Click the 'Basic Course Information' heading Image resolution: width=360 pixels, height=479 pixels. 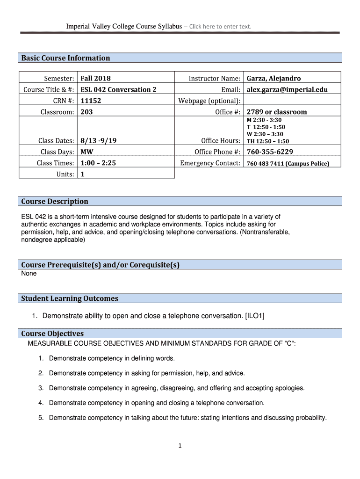[x=65, y=58]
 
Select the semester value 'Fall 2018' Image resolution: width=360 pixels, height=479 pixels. [x=95, y=78]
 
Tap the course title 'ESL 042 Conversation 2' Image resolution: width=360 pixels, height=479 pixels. [x=118, y=89]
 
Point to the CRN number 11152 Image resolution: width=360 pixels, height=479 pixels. [x=91, y=101]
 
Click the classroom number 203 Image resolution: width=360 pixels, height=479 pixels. [x=86, y=112]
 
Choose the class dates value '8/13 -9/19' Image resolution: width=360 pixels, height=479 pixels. [x=99, y=141]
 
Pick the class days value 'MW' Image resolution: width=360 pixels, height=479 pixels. [x=86, y=152]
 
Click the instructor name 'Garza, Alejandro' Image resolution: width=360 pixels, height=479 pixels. [x=274, y=78]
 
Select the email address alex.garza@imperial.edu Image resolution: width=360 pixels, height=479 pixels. [x=287, y=89]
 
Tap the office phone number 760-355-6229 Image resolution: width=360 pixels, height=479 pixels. [x=270, y=152]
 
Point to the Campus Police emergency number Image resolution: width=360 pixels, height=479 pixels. [x=288, y=163]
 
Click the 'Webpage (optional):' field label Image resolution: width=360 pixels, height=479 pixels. [x=209, y=101]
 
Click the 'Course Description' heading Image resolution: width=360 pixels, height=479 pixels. [x=55, y=201]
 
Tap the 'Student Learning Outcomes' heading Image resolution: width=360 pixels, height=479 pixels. [x=70, y=298]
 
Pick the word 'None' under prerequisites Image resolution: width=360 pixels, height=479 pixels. [x=29, y=273]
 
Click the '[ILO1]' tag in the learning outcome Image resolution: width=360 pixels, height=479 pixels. [x=254, y=316]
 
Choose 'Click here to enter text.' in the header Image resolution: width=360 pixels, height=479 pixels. [x=220, y=26]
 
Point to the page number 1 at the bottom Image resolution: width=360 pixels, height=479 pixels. [x=180, y=446]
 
